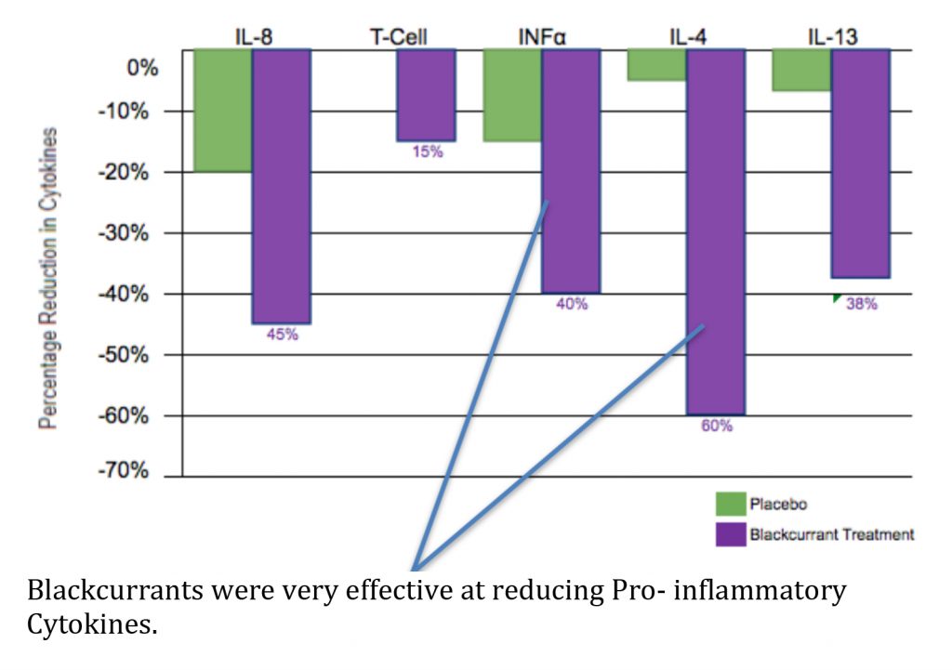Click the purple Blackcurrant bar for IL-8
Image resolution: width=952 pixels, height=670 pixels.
281,186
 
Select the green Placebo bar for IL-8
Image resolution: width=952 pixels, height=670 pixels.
222,110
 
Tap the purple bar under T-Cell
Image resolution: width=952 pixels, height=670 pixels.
426,94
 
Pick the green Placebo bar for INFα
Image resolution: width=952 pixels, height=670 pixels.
512,95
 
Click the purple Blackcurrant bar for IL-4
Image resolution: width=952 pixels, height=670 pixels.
716,231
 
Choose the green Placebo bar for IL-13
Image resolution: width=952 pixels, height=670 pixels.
801,70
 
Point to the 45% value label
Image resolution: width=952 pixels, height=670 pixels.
282,335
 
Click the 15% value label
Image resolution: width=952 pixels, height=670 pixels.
427,151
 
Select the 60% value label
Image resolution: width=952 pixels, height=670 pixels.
717,427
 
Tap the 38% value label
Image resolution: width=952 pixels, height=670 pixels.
861,303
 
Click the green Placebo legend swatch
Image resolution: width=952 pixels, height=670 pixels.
730,504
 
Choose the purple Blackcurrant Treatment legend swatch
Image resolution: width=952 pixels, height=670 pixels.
730,534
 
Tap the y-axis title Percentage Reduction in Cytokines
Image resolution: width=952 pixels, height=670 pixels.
49,279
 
